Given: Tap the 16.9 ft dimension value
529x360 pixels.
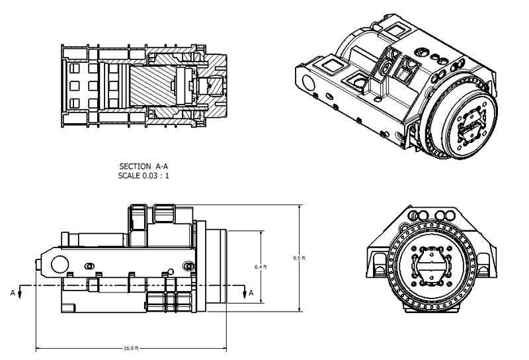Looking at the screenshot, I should pyautogui.click(x=132, y=347).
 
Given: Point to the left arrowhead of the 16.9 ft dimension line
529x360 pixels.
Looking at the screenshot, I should pyautogui.click(x=38, y=347).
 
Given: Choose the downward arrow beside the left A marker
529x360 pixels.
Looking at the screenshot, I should pyautogui.click(x=20, y=294).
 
